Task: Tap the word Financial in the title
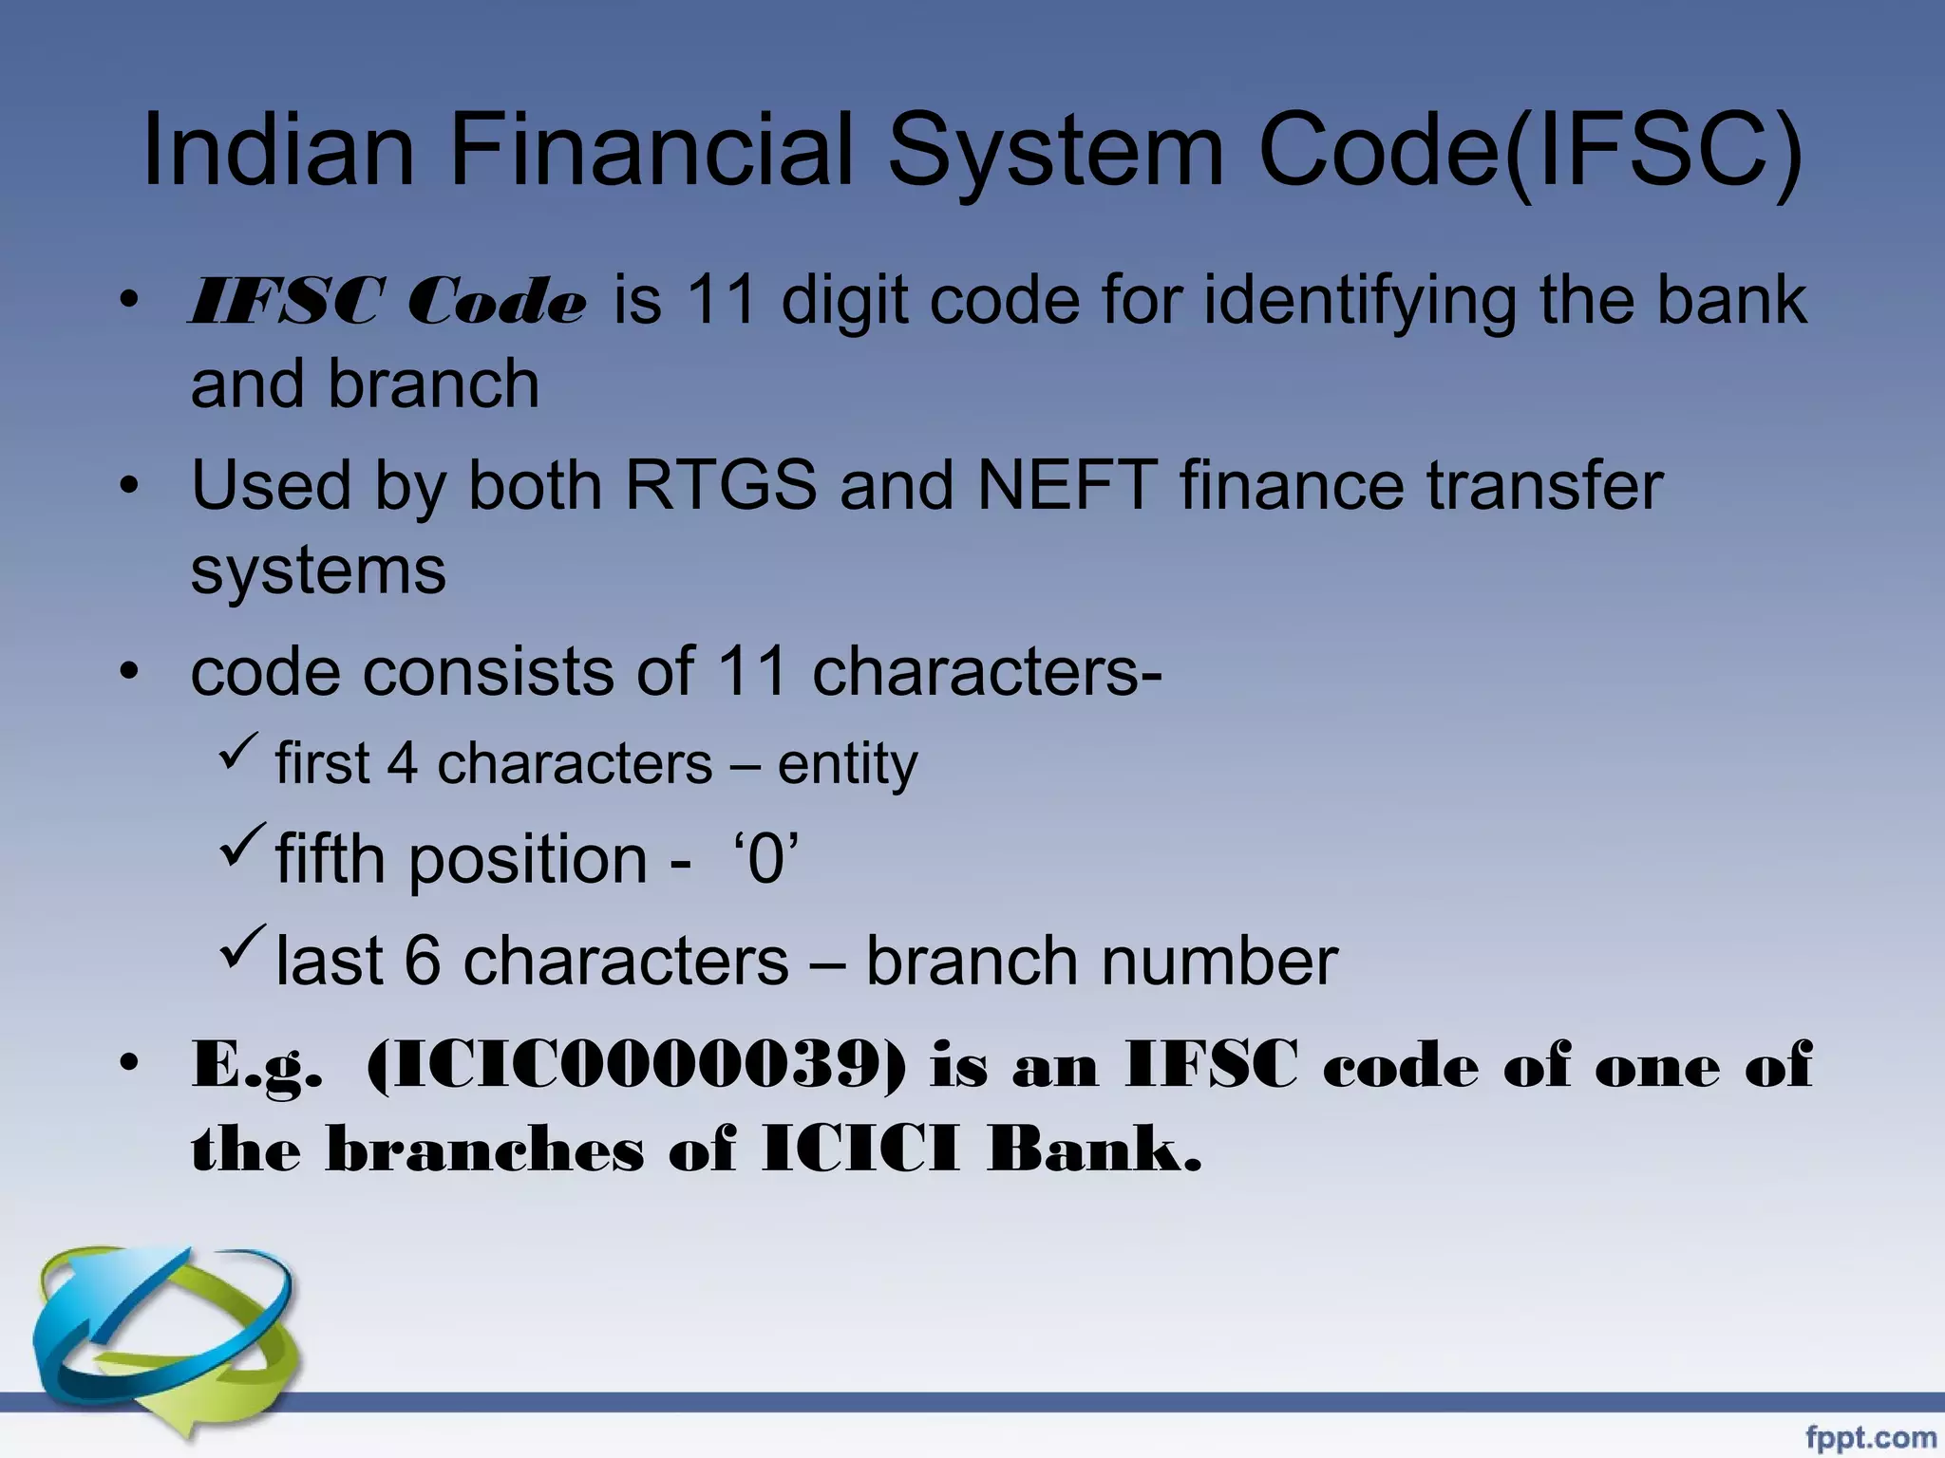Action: pyautogui.click(x=651, y=152)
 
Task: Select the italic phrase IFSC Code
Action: pyautogui.click(x=387, y=303)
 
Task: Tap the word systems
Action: pyautogui.click(x=318, y=570)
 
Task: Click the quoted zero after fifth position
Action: pyautogui.click(x=765, y=859)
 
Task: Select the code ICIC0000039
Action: pyautogui.click(x=634, y=1066)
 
